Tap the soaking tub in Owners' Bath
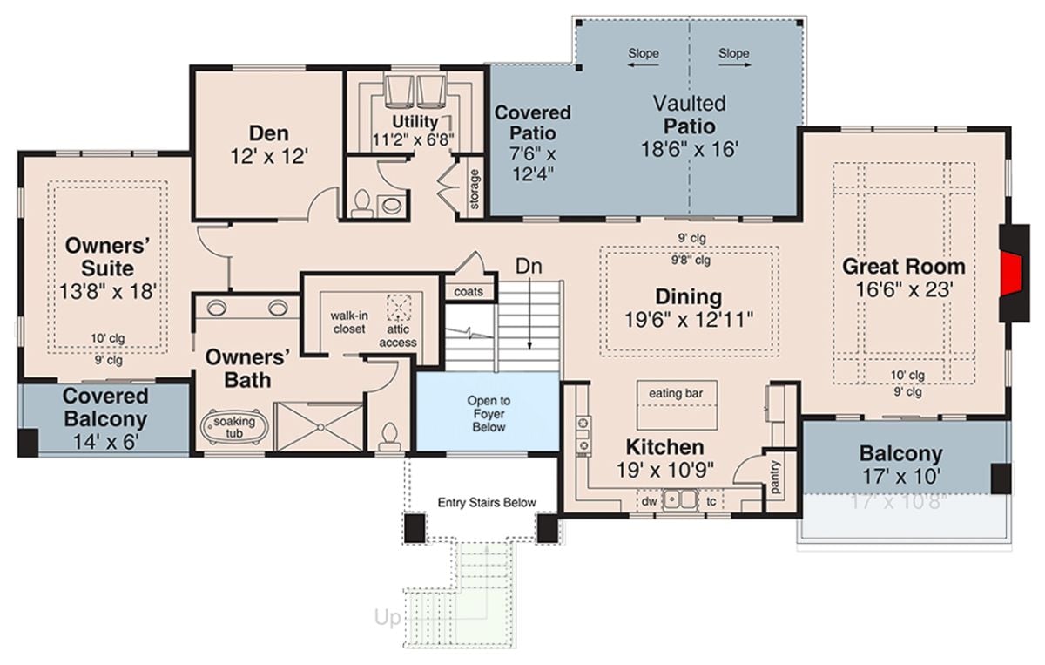tap(231, 427)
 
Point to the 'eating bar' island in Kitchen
tap(676, 394)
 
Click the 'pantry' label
tap(776, 476)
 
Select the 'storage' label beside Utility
tap(475, 188)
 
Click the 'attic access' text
tap(398, 336)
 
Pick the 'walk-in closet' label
tap(348, 322)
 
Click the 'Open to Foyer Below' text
tap(489, 414)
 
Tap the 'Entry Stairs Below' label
tap(486, 502)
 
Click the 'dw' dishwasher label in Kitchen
tap(648, 501)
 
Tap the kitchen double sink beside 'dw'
tap(678, 500)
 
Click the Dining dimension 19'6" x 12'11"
tap(689, 319)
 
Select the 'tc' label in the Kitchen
tap(711, 501)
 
